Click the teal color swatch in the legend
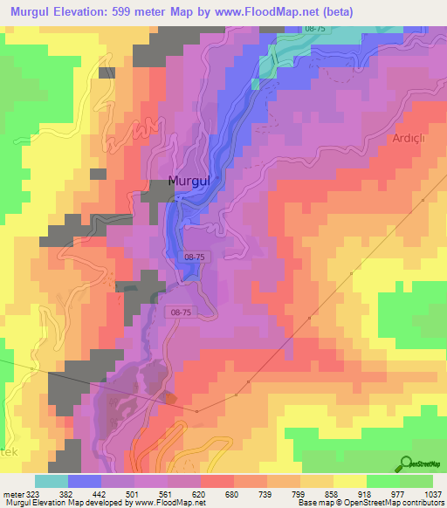(x=52, y=481)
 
